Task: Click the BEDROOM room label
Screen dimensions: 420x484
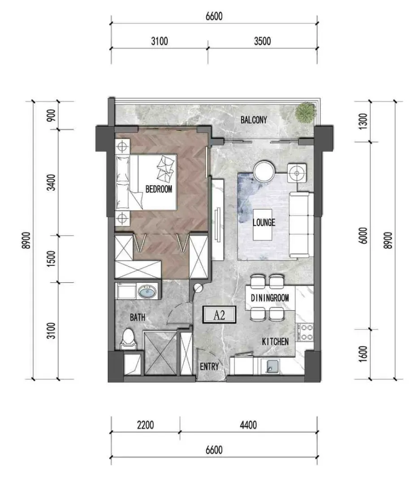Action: [159, 189]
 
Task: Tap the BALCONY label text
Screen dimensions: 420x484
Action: [254, 120]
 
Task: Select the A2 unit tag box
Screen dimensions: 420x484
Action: [219, 315]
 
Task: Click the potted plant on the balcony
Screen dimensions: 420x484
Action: [306, 112]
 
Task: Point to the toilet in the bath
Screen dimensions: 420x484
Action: [129, 340]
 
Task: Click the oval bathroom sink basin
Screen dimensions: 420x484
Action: [147, 291]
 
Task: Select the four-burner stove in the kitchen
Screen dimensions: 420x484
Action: [305, 332]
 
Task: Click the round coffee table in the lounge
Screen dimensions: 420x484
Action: [264, 171]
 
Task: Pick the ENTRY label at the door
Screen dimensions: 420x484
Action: [209, 367]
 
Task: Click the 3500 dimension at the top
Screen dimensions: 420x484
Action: [262, 41]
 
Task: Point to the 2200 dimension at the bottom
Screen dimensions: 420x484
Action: [145, 425]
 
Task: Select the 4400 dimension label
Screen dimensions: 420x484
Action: [248, 425]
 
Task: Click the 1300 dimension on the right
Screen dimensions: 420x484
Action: [364, 121]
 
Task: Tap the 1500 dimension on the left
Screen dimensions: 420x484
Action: [51, 259]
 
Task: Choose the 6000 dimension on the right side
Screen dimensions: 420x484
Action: [364, 236]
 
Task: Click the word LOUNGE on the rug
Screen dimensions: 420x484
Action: [264, 222]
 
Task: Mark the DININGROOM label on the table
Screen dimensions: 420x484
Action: [270, 298]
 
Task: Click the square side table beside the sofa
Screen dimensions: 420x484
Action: [297, 173]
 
